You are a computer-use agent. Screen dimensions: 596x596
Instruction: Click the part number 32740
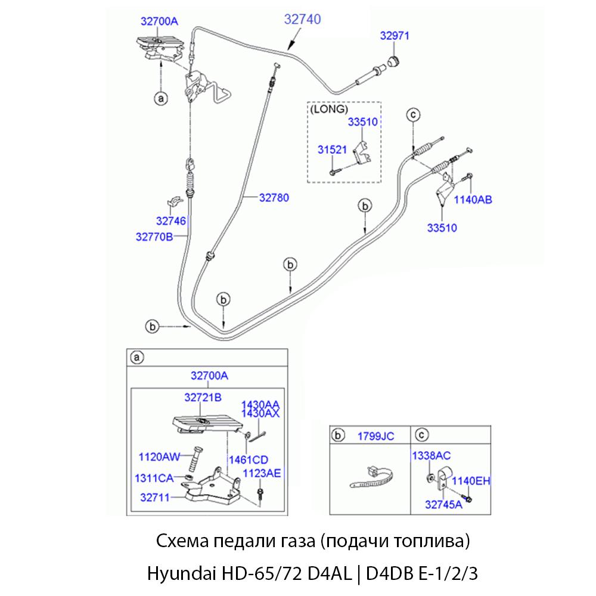coord(302,20)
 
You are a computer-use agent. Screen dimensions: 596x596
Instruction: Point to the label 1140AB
coord(473,200)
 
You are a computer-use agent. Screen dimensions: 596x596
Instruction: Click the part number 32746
coord(171,221)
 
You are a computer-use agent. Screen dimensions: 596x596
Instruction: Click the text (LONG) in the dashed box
coord(328,110)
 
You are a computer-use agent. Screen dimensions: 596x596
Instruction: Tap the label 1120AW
coord(159,457)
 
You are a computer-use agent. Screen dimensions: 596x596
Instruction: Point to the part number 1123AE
coord(262,473)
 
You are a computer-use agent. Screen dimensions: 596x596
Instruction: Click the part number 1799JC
coord(375,436)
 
